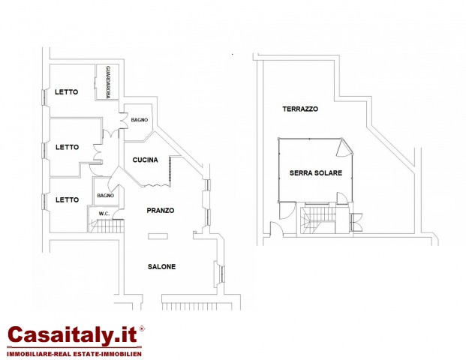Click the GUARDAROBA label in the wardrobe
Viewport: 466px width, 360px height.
click(108, 82)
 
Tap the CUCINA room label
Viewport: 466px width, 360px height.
click(145, 160)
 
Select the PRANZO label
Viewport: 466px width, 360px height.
click(161, 210)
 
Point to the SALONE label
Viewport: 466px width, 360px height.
click(161, 266)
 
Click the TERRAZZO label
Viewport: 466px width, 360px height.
click(300, 109)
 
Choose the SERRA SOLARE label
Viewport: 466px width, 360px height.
click(316, 172)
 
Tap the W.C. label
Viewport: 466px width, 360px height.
click(104, 214)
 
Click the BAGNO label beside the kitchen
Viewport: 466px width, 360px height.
click(140, 120)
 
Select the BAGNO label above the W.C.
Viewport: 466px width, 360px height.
click(106, 196)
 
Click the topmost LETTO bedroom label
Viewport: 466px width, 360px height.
click(66, 92)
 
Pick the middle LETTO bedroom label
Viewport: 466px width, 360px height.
click(68, 147)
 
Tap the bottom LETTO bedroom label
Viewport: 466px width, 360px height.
click(68, 200)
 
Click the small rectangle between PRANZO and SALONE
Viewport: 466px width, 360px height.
click(158, 236)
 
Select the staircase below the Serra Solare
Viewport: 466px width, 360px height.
click(318, 220)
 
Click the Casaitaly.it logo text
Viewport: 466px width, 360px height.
click(73, 334)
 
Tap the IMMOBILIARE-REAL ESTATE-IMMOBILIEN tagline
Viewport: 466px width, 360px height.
click(74, 354)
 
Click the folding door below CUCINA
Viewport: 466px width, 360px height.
click(155, 186)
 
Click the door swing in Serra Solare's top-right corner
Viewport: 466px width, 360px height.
click(344, 147)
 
